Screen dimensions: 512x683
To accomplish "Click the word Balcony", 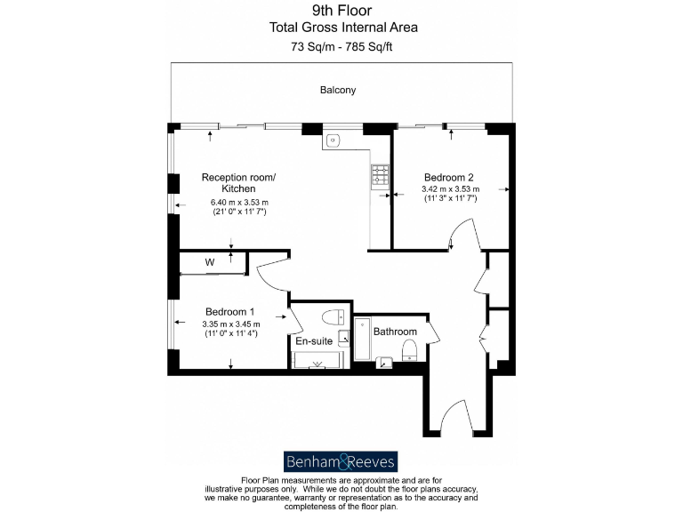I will (x=338, y=90).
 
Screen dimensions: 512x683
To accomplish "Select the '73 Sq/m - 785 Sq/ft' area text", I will (x=342, y=45).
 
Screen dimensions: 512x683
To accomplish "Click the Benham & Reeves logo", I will (x=341, y=461).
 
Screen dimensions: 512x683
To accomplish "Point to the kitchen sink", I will (x=334, y=140).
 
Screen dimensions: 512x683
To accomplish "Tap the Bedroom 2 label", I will (x=451, y=176).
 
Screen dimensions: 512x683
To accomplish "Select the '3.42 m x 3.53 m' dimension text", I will (x=450, y=188).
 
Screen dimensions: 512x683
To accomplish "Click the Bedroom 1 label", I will (x=230, y=311).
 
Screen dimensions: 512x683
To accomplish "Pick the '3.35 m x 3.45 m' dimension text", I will (x=230, y=324).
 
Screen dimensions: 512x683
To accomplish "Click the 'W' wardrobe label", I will (x=210, y=262).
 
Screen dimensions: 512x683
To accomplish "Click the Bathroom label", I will (x=395, y=332).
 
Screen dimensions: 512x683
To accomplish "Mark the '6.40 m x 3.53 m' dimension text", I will (x=239, y=203).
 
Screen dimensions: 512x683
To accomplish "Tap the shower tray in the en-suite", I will (x=317, y=360).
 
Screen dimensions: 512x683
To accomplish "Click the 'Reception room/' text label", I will (x=238, y=177).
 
